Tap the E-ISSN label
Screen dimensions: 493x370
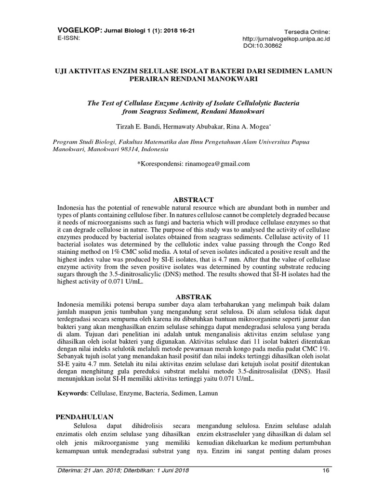(67, 38)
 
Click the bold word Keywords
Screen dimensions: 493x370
(72, 393)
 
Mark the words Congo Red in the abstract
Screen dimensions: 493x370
(303, 243)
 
